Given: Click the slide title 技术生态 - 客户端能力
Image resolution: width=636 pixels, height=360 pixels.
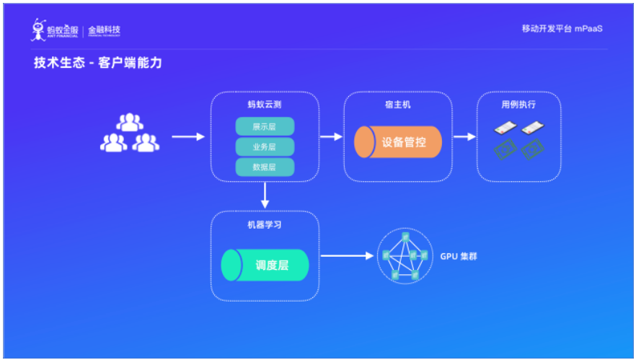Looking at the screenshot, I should pos(97,63).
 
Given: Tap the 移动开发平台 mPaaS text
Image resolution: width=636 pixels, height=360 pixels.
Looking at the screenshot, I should pos(562,29).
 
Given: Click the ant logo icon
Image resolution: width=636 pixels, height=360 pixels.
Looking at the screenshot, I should pos(39,30).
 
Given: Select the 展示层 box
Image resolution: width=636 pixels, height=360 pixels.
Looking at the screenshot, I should pos(265,126).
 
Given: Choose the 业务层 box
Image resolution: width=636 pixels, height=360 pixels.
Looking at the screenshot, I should pos(265,147).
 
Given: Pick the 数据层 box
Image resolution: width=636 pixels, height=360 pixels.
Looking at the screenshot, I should pos(265,167).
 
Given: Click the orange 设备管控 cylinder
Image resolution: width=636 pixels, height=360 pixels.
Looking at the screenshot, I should pos(399,142).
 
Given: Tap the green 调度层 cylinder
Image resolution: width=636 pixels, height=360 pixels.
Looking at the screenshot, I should pos(265,265).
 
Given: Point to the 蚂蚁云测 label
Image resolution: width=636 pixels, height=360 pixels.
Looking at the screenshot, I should pos(265,105).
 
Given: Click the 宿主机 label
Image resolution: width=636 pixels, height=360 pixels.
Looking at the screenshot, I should pos(398,105).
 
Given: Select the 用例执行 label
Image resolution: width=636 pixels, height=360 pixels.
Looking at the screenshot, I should pos(518,105).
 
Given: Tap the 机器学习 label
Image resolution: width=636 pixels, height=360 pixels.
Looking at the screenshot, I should pos(265,224).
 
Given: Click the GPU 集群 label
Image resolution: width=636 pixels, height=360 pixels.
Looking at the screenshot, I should pos(459,256).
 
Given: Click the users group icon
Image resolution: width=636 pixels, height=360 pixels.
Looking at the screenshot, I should pos(130,133).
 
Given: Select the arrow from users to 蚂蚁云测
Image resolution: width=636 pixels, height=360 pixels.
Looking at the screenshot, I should pos(188,136).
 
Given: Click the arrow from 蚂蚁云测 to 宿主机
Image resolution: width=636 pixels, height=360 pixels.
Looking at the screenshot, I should pos(331,136).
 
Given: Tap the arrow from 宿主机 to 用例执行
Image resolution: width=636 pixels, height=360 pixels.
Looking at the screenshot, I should pos(464,136).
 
